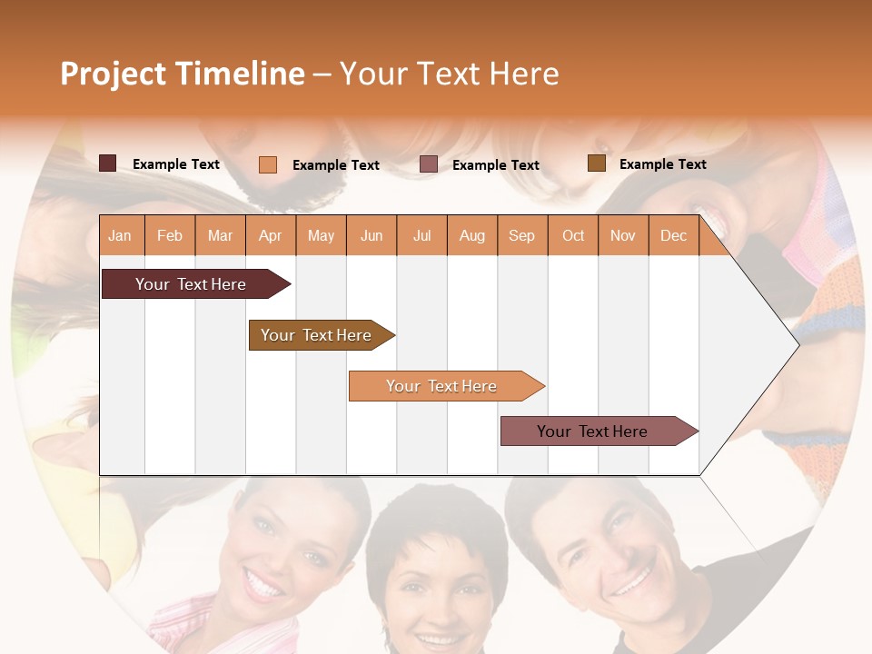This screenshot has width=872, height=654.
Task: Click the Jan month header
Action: [x=120, y=235]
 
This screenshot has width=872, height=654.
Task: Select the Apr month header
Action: [x=270, y=235]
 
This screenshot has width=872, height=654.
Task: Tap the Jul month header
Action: [x=421, y=235]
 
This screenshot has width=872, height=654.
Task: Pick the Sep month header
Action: [x=521, y=235]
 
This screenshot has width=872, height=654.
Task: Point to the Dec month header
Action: [x=673, y=235]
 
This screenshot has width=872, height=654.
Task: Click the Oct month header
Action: [x=573, y=235]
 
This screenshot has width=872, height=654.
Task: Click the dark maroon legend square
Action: [x=107, y=163]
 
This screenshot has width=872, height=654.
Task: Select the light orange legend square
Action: [x=267, y=164]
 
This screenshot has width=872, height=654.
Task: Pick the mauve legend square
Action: [x=429, y=164]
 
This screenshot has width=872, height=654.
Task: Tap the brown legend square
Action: [x=596, y=163]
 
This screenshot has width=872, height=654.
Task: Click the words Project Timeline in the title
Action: [x=182, y=74]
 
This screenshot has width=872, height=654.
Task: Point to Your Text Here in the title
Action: [x=450, y=74]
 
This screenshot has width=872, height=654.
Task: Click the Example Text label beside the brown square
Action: [x=662, y=164]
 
